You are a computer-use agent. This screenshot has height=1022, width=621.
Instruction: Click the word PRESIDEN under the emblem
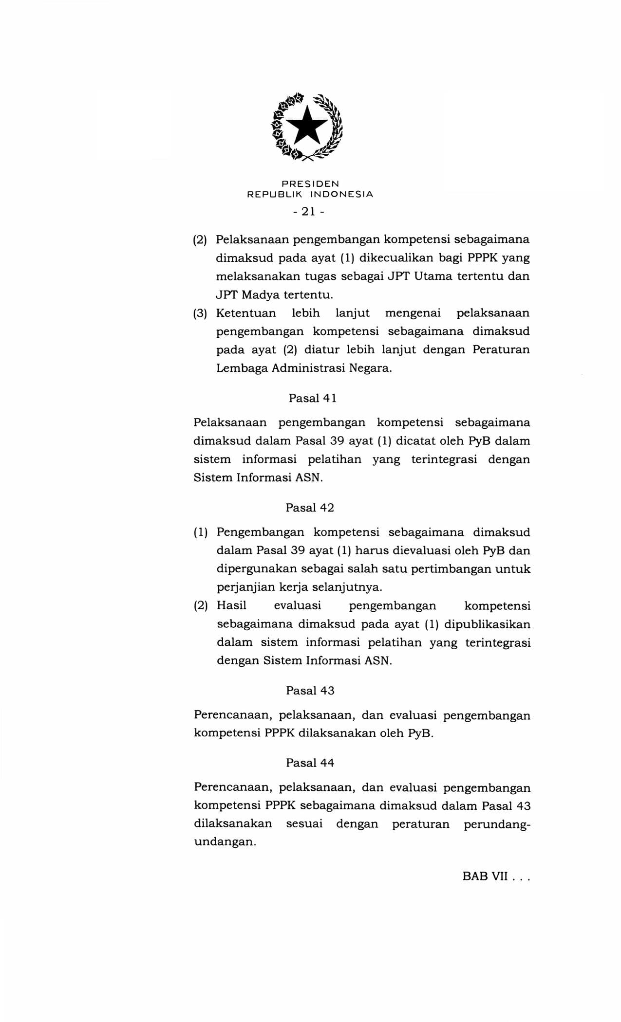(310, 184)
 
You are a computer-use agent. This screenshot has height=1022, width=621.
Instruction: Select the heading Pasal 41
(313, 398)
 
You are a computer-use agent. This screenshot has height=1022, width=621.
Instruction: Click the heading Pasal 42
(310, 508)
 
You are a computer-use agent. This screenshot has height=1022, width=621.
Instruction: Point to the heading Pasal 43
(310, 691)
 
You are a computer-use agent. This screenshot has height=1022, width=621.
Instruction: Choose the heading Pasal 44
(310, 763)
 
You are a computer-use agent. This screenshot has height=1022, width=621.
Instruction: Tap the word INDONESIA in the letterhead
(342, 194)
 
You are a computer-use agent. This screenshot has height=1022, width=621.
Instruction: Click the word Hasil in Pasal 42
(231, 606)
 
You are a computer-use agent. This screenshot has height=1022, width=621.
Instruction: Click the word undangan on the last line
(225, 842)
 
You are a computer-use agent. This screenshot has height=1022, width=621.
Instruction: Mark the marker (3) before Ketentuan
(200, 313)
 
